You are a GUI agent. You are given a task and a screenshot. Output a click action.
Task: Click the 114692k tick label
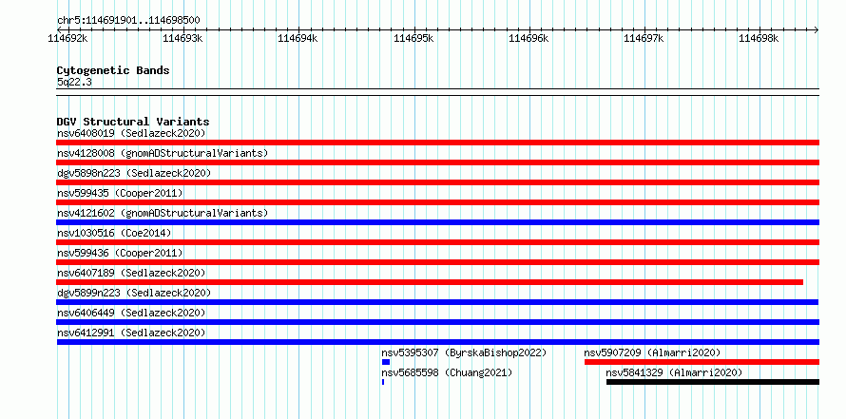[x=67, y=38]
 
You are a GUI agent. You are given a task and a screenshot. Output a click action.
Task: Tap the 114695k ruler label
[x=413, y=38]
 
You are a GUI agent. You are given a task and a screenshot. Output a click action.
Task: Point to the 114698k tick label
[x=759, y=38]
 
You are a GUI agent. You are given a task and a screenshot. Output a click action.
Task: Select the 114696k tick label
[x=529, y=38]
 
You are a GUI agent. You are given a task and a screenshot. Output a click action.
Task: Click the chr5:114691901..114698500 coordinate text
[x=128, y=21]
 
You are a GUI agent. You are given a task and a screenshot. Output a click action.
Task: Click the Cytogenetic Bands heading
[x=113, y=70]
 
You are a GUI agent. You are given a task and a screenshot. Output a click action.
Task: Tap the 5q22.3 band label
[x=74, y=82]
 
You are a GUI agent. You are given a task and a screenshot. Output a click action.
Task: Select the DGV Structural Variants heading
[x=133, y=122]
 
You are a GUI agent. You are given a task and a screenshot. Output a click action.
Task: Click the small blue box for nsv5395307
[x=385, y=362]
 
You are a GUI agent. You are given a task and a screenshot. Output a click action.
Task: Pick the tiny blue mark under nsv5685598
[x=383, y=382]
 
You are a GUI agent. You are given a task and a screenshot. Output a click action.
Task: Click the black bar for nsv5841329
[x=712, y=382]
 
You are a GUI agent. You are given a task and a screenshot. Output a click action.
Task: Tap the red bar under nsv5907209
[x=702, y=362]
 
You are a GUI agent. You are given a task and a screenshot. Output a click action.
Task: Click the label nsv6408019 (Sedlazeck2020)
[x=131, y=133]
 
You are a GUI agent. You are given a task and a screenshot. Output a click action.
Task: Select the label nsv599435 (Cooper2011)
[x=120, y=193]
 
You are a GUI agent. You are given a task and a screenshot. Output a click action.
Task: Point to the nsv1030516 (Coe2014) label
[x=114, y=233]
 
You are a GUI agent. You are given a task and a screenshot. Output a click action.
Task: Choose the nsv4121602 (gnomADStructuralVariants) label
[x=163, y=213]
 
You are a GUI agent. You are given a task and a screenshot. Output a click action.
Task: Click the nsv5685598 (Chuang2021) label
[x=447, y=372]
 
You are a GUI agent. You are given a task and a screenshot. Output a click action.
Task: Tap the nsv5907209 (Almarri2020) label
[x=652, y=352]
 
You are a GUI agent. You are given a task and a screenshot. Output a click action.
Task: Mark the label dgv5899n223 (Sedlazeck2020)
[x=134, y=293]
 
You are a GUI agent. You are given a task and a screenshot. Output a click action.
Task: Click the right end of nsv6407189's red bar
[x=803, y=282]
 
